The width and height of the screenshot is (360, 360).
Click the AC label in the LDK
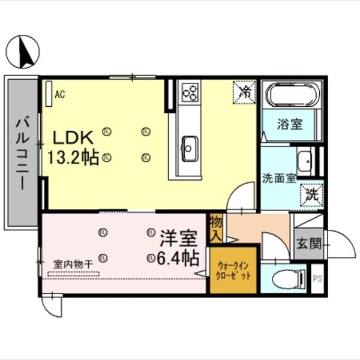(60, 94)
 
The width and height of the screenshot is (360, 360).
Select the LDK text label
(71, 138)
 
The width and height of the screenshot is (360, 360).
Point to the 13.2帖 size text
(73, 158)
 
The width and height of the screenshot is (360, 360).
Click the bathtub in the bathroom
(290, 97)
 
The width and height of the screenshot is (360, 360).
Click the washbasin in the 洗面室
(305, 160)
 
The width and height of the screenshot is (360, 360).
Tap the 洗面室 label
(280, 178)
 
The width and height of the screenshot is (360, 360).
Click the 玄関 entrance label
(308, 244)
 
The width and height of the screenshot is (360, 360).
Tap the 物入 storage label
(216, 229)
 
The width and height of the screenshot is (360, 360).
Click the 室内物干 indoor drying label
(72, 264)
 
